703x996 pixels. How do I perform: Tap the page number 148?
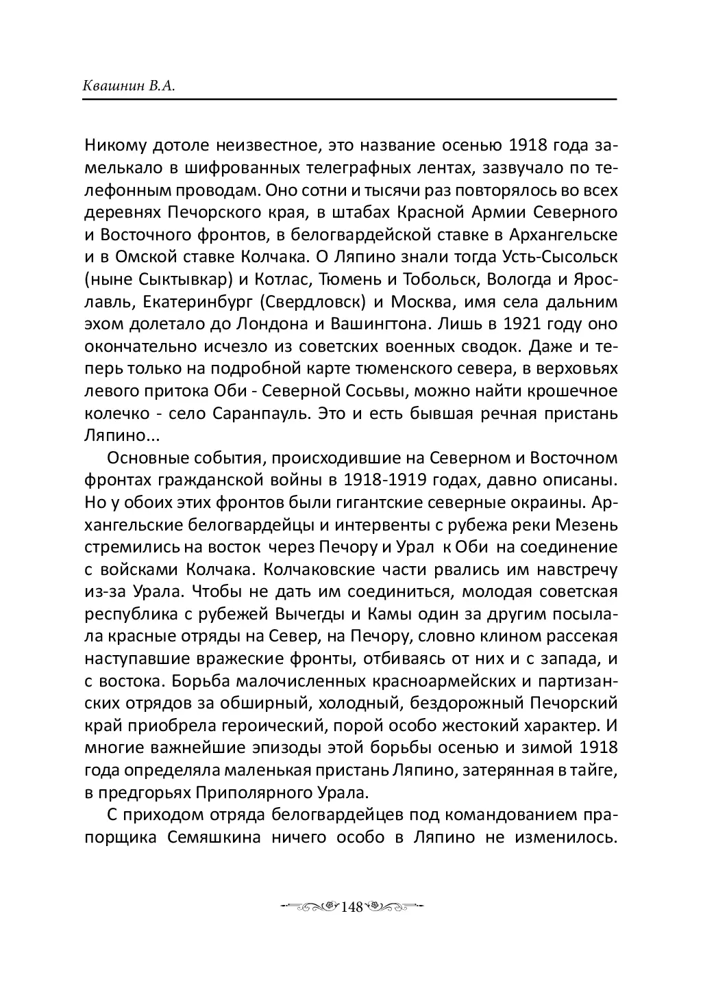350,907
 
